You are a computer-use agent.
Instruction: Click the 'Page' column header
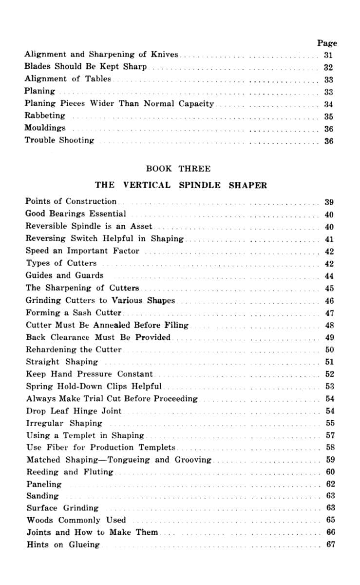click(327, 43)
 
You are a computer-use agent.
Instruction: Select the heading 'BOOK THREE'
click(178, 169)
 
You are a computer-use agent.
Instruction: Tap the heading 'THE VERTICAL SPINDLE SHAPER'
click(181, 185)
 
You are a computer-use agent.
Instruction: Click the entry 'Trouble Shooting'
click(59, 140)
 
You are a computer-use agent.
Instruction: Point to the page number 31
click(328, 55)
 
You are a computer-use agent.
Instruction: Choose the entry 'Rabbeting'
click(45, 116)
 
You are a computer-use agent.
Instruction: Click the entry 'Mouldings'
click(45, 128)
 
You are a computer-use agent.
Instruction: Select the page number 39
click(329, 202)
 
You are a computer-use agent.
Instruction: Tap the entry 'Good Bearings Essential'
click(76, 214)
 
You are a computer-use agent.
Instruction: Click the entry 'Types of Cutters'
click(61, 263)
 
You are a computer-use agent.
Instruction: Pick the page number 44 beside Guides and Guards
click(329, 276)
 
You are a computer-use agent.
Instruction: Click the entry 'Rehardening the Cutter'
click(74, 350)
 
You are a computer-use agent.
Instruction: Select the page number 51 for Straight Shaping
click(329, 362)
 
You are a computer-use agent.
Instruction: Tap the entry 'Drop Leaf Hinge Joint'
click(74, 411)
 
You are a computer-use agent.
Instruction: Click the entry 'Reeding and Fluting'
click(70, 472)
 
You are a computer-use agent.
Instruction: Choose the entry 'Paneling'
click(44, 484)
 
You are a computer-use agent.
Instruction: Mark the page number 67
click(330, 544)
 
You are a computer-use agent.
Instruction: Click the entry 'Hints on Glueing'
click(63, 545)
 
